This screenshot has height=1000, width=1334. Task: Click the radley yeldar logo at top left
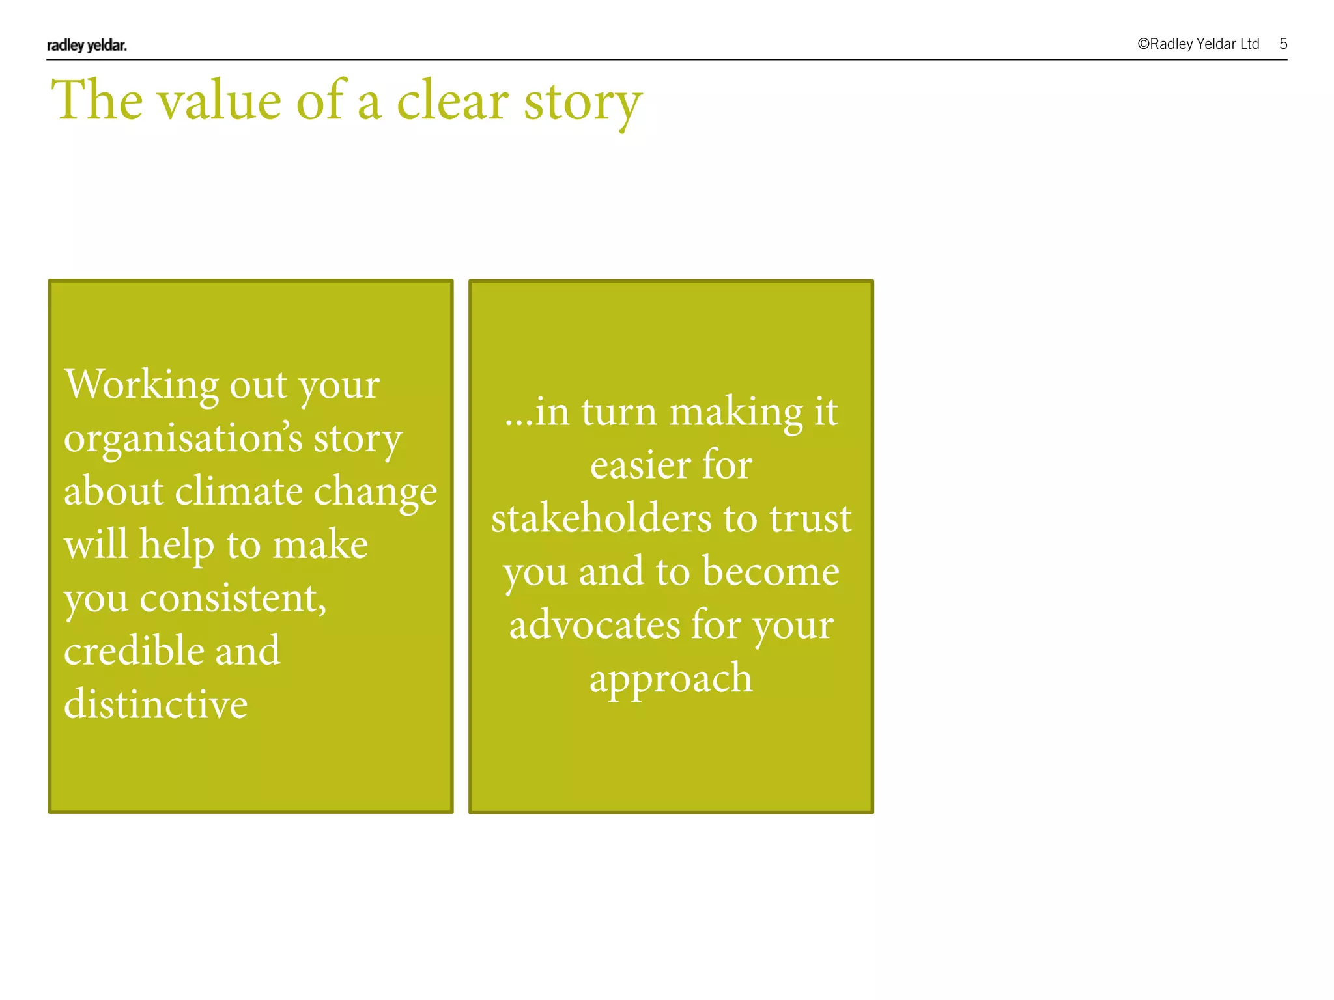point(87,45)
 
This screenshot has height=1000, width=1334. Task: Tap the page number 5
point(1283,44)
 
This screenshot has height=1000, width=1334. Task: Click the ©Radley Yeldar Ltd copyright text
point(1198,44)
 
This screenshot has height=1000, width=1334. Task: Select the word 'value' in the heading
point(219,101)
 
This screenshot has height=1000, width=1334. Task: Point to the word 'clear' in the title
point(452,101)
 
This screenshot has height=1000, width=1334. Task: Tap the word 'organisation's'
point(183,438)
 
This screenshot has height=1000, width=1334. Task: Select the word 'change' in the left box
point(375,492)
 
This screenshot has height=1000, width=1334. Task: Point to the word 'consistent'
point(233,598)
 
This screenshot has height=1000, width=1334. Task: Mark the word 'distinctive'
point(156,704)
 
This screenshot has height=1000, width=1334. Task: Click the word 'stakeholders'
point(601,518)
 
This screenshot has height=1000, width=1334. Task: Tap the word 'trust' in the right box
point(810,518)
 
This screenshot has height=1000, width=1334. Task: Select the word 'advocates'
point(594,625)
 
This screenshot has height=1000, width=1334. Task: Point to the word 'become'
point(771,572)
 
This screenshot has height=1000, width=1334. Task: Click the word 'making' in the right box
point(736,413)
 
